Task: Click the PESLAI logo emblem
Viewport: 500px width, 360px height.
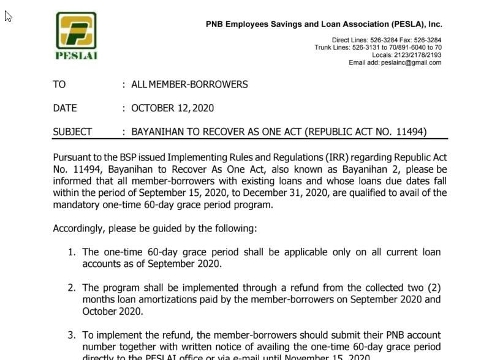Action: [x=77, y=30]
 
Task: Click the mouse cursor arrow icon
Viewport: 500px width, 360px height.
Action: [x=8, y=16]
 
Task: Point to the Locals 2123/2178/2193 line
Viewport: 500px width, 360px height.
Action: [x=406, y=55]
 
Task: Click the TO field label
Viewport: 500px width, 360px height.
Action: [x=59, y=84]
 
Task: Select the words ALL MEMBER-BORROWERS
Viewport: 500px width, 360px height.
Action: [x=189, y=84]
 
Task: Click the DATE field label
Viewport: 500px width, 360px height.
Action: [x=65, y=108]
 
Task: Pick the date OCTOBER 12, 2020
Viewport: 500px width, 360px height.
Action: [x=172, y=108]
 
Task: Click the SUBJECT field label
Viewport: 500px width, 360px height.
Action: [x=72, y=132]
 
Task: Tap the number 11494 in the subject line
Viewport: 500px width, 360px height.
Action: [x=407, y=132]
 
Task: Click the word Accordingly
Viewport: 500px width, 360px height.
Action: [x=81, y=228]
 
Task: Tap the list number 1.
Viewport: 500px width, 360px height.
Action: [x=71, y=252]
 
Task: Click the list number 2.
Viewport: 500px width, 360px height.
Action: [x=71, y=288]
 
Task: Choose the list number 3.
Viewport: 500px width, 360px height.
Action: [x=71, y=335]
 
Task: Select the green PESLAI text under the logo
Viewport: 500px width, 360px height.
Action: [x=77, y=55]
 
